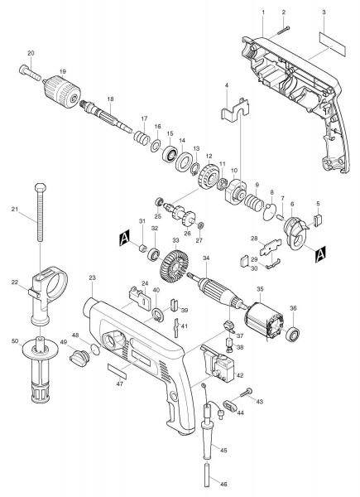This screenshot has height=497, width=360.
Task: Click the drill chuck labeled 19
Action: [62, 89]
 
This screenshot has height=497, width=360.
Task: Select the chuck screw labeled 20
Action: [30, 73]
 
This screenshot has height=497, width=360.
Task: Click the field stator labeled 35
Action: [264, 321]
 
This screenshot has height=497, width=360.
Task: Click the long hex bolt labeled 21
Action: [40, 212]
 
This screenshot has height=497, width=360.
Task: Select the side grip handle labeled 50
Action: [41, 369]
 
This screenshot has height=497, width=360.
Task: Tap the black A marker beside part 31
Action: [124, 239]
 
